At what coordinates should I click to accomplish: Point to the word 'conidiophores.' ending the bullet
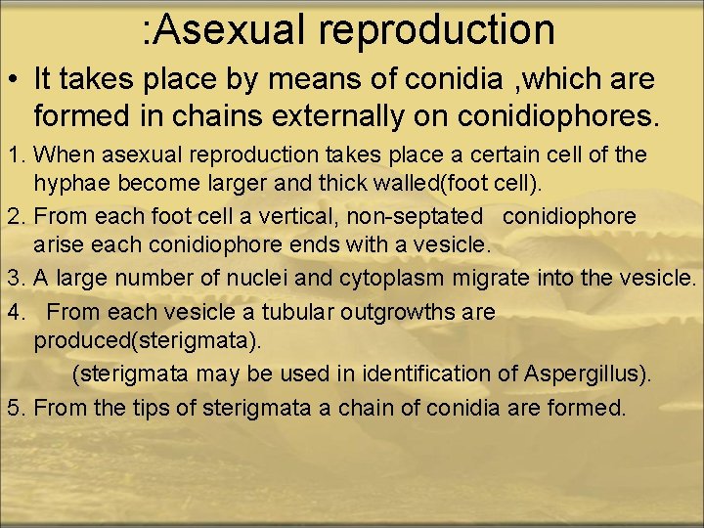pos(557,117)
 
